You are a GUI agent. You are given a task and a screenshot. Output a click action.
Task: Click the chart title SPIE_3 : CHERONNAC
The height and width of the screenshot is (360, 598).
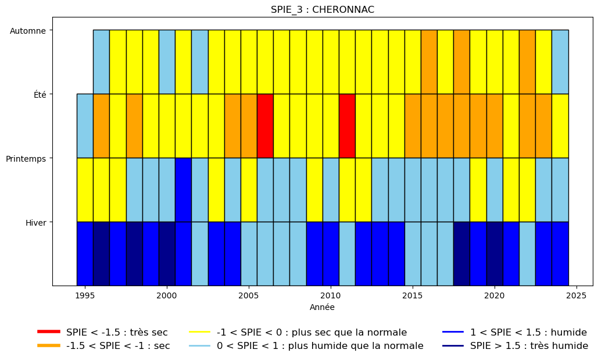(323, 9)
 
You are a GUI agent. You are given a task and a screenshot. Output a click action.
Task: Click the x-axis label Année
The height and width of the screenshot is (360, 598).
(323, 307)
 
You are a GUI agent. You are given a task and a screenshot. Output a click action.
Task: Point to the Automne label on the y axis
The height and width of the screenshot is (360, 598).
(28, 31)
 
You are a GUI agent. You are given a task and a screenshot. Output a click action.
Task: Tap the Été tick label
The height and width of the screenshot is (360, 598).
(40, 94)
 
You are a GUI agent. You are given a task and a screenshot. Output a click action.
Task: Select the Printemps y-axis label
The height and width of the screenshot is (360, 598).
(26, 158)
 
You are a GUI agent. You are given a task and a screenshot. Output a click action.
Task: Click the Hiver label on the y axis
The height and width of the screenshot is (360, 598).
(36, 222)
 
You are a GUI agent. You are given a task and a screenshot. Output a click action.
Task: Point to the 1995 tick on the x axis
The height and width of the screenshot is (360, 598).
(85, 295)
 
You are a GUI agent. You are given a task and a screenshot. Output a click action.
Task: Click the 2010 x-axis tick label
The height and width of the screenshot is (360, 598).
(331, 295)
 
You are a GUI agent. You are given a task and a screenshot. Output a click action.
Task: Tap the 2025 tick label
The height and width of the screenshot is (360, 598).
(576, 295)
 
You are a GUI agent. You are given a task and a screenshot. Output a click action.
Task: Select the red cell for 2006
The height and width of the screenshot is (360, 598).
(265, 126)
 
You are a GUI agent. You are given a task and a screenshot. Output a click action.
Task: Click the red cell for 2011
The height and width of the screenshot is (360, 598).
(347, 126)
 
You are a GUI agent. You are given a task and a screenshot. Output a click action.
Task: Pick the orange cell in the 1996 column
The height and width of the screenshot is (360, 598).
(102, 126)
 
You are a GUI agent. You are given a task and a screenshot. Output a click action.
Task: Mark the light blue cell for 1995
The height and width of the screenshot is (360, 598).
(85, 126)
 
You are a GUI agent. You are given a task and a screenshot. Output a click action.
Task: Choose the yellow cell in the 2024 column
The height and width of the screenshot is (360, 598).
(560, 126)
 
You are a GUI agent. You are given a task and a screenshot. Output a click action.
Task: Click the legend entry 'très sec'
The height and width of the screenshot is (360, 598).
(103, 332)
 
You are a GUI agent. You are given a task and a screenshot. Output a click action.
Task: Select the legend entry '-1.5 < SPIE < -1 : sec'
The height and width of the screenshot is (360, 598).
(103, 346)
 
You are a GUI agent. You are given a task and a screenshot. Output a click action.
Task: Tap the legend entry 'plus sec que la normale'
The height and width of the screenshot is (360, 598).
(298, 332)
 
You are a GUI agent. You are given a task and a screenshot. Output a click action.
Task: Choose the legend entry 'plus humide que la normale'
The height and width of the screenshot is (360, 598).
(306, 346)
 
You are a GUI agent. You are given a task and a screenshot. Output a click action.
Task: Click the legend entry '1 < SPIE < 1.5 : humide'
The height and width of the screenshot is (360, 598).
(514, 332)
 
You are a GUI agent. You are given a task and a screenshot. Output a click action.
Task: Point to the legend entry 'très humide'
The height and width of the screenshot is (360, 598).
(515, 346)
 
